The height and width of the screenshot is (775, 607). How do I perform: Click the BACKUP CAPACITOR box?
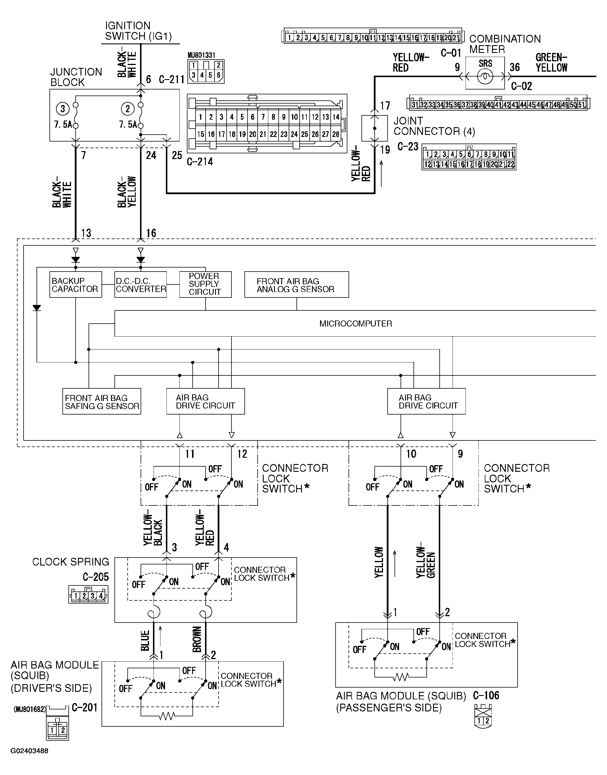point(75,285)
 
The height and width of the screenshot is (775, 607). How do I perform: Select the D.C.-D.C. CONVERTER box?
point(141,285)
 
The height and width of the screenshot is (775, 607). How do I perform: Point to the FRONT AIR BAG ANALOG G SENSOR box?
point(296,285)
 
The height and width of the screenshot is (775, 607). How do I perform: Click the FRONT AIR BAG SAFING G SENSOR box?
point(102,402)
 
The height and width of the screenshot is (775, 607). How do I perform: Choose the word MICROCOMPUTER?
point(355,324)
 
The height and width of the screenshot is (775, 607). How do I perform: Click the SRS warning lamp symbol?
point(485,76)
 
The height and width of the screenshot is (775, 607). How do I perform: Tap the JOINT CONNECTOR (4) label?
point(434,126)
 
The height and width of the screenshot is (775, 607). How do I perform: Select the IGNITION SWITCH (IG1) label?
point(138,31)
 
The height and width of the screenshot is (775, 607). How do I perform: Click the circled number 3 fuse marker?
point(63,108)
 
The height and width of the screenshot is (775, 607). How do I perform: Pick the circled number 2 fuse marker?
point(128,108)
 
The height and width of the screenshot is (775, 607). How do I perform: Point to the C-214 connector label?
point(200,162)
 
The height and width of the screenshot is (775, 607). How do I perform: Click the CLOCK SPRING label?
point(70,562)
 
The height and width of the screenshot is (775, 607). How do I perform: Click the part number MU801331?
point(201,55)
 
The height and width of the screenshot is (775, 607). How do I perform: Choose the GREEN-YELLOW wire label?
point(551,62)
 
